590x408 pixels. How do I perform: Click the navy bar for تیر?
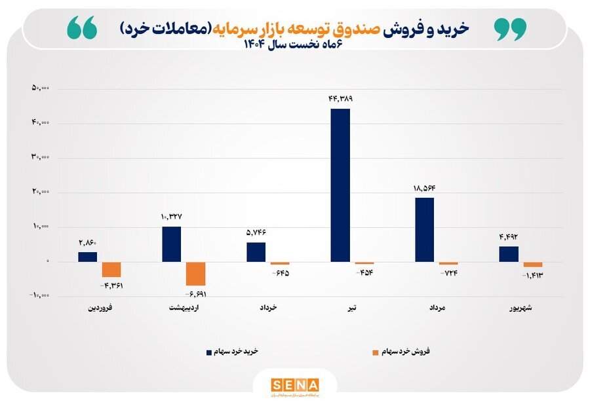point(340,185)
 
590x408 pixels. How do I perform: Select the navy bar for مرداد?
point(424,229)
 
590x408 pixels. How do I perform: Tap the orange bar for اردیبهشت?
point(195,273)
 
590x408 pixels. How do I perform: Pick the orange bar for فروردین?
point(111,269)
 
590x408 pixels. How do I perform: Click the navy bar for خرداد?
point(256,252)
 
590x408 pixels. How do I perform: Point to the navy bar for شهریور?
point(509,254)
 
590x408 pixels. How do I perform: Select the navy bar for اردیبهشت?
point(172,244)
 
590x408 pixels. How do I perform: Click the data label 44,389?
point(340,99)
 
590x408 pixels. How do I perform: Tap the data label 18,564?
point(424,188)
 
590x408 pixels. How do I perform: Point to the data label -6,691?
point(196,294)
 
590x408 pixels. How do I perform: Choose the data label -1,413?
point(533,276)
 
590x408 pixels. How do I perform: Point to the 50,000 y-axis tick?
point(45,88)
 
